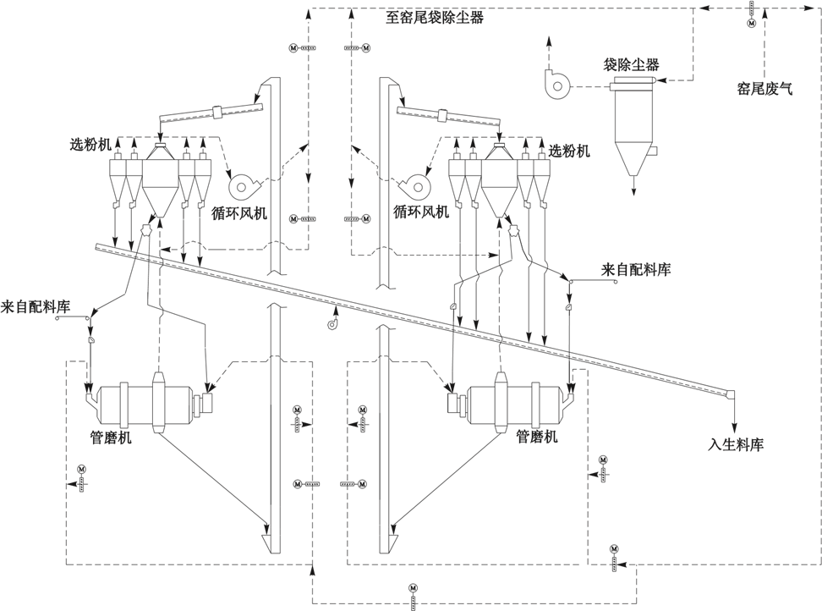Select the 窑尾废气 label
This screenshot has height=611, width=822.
(x=764, y=86)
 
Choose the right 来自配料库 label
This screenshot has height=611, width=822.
(x=636, y=270)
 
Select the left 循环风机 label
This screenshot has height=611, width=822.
(x=238, y=213)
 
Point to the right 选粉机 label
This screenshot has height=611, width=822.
(x=569, y=151)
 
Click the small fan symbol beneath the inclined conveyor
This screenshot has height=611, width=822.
(x=333, y=322)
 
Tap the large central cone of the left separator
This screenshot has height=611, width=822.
(x=159, y=182)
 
